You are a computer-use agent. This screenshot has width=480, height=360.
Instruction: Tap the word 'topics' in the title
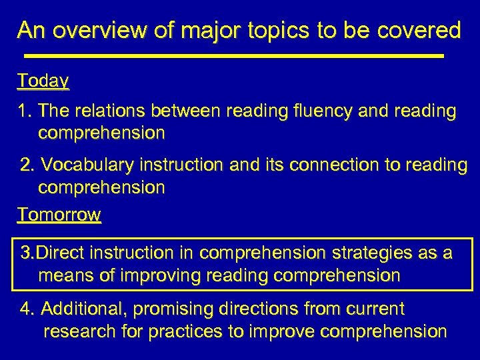tap(257, 30)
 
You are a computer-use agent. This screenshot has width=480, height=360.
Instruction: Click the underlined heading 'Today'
tap(43, 81)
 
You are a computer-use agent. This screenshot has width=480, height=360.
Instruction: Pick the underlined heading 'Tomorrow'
tap(59, 215)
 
